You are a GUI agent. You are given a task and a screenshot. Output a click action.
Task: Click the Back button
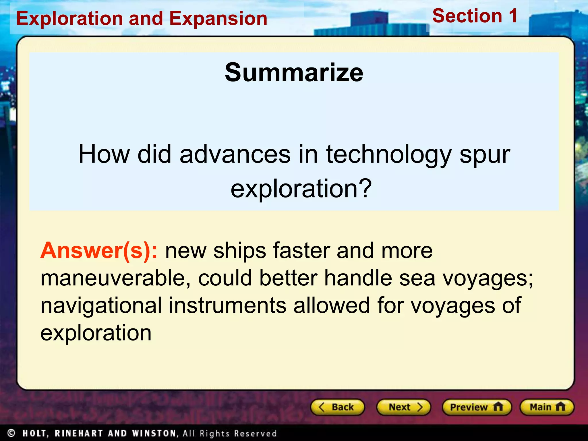click(337, 407)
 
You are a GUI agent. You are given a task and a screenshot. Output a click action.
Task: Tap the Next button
click(404, 407)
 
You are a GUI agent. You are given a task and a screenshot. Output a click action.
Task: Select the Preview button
click(477, 407)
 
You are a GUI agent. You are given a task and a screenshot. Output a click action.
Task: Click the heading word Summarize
click(294, 73)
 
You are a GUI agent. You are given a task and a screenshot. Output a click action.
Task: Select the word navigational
click(101, 305)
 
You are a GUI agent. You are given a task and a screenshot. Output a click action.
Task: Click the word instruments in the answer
click(227, 305)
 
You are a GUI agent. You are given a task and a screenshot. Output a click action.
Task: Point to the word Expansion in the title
click(218, 19)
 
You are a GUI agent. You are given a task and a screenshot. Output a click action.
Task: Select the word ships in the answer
click(240, 251)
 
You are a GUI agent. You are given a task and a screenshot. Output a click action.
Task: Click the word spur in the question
click(485, 154)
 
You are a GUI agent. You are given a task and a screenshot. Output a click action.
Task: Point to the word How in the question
click(104, 154)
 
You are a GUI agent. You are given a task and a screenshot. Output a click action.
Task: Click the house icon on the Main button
click(560, 407)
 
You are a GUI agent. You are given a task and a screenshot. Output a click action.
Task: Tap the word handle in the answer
click(358, 278)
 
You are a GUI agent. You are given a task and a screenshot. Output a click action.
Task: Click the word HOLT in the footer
click(35, 433)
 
